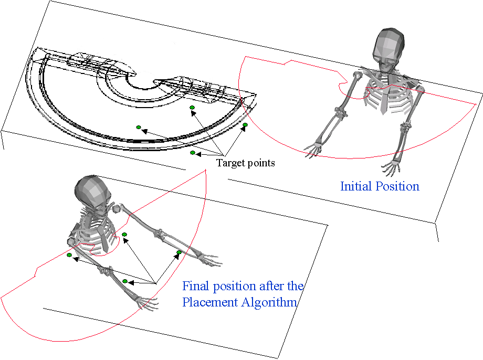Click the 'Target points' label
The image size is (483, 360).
(245, 163)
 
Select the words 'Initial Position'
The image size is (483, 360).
(380, 186)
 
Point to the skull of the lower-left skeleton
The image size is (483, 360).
(93, 193)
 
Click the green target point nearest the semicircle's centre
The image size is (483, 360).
(192, 108)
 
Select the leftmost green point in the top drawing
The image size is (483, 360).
(139, 126)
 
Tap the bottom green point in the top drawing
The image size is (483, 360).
(193, 153)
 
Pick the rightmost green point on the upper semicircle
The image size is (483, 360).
(245, 124)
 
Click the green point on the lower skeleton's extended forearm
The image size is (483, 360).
(179, 253)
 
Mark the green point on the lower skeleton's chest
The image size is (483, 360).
(124, 234)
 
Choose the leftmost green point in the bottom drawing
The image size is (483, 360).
(69, 255)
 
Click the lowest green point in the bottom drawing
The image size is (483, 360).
(125, 281)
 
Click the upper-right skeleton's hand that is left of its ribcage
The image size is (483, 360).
(313, 149)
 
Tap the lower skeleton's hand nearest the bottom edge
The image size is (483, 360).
(146, 303)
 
